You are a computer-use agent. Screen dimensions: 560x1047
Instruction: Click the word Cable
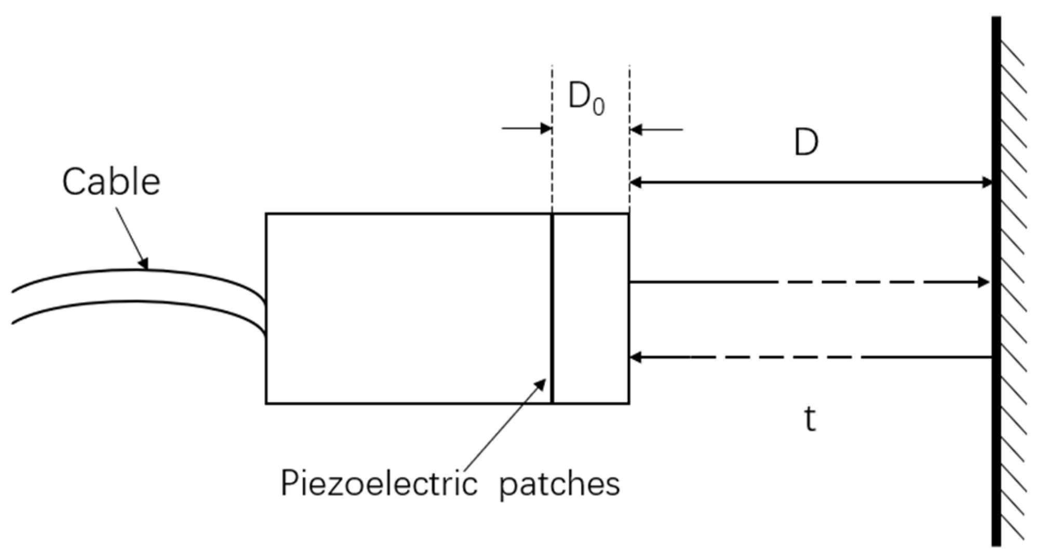point(111,182)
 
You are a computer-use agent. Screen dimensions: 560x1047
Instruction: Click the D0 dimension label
point(586,98)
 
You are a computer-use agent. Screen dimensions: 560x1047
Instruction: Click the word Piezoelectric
point(379,484)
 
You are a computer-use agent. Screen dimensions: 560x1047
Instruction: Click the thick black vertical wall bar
point(996,281)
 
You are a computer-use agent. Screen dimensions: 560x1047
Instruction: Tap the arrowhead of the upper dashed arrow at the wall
point(983,282)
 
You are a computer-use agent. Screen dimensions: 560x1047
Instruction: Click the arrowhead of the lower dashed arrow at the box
point(636,357)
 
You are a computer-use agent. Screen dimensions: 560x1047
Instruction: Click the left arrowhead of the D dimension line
point(636,182)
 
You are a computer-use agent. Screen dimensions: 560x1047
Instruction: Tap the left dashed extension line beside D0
point(552,156)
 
